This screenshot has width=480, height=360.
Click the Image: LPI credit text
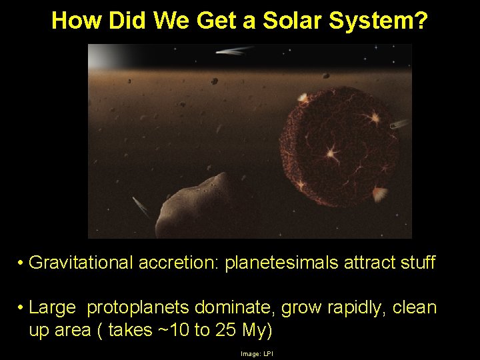(x=257, y=353)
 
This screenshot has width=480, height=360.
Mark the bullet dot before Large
(x=22, y=309)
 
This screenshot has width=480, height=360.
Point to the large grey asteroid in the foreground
(x=193, y=207)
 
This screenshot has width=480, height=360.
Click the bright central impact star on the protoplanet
(x=331, y=154)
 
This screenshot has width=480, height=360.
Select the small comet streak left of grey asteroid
(x=141, y=207)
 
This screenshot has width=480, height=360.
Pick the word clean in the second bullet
(x=415, y=308)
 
